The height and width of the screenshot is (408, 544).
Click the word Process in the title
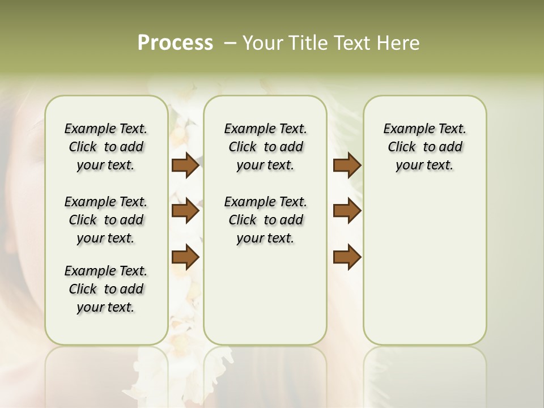click(175, 42)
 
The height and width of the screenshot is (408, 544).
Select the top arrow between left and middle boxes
click(185, 165)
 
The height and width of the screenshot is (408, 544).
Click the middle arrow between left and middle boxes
click(185, 211)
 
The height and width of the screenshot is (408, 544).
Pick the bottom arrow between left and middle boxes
click(185, 257)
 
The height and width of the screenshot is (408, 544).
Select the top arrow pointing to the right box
click(347, 165)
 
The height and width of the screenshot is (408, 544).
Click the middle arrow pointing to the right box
click(347, 211)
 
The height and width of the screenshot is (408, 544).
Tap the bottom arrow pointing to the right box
click(347, 257)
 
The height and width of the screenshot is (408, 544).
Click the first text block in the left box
click(106, 147)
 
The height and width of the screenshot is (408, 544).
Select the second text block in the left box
click(106, 220)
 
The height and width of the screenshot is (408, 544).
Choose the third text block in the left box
click(106, 289)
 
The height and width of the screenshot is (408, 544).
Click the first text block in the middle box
click(265, 147)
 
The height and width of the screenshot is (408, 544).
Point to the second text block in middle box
click(265, 220)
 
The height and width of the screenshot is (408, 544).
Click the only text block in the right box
click(424, 147)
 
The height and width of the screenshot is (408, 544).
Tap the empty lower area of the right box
click(424, 272)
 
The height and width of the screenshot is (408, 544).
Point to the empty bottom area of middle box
click(265, 300)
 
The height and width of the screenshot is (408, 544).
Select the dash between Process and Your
click(230, 42)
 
